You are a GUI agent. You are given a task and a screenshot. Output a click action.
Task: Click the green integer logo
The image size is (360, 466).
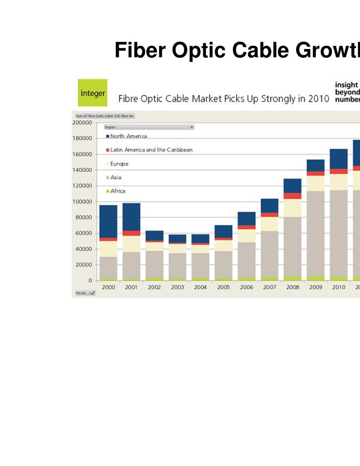click(x=92, y=92)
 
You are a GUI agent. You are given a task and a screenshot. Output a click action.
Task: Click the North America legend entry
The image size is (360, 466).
click(x=128, y=136)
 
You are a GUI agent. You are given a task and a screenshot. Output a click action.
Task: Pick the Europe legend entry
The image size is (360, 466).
click(x=119, y=164)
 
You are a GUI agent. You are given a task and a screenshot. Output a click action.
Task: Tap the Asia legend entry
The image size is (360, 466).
click(x=115, y=177)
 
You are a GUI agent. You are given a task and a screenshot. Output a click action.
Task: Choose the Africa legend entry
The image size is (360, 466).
click(x=117, y=191)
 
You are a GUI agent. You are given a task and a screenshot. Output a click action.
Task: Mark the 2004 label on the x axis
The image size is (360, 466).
click(x=200, y=287)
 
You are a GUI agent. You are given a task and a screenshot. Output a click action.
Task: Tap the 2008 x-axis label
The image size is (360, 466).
click(x=292, y=287)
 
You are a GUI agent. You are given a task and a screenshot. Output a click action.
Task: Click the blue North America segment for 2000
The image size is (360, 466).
click(x=108, y=221)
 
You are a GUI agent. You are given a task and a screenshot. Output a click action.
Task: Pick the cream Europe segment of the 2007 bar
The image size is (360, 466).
click(x=269, y=224)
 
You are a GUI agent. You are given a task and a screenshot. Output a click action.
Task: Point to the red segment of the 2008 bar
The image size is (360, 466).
click(x=292, y=196)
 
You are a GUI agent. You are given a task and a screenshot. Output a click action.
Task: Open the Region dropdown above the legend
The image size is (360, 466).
click(x=148, y=127)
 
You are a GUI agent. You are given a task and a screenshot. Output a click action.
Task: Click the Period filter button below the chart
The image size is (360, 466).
click(x=85, y=293)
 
